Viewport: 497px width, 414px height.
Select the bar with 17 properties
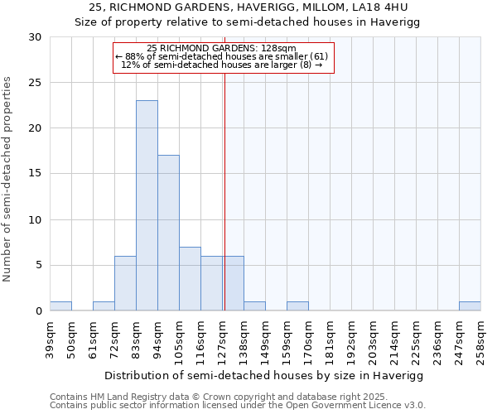[168, 233]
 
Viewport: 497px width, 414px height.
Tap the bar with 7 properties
[190, 278]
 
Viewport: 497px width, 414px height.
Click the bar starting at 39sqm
[60, 306]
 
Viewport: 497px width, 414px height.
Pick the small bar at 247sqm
[470, 306]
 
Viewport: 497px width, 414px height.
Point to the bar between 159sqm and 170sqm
[297, 306]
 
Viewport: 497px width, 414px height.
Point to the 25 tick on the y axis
[35, 83]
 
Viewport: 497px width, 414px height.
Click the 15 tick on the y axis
[35, 174]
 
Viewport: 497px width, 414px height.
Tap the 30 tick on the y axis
[35, 37]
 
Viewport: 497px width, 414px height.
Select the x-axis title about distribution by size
[265, 376]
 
